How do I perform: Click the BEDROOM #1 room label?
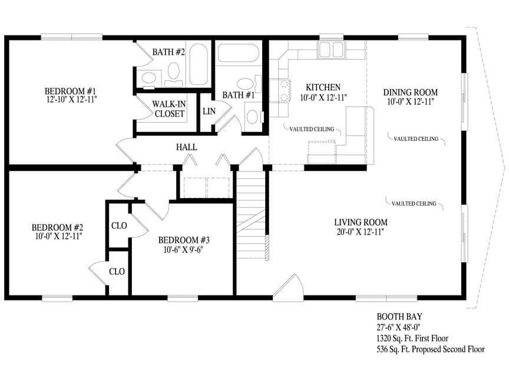[x=71, y=91]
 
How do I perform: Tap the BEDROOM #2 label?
[x=57, y=227]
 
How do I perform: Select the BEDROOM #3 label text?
[x=184, y=240]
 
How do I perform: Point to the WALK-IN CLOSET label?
[x=170, y=109]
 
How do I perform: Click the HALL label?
[x=186, y=147]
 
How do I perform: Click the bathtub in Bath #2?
[x=199, y=64]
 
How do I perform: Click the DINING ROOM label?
[x=411, y=93]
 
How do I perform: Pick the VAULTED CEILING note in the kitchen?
[x=312, y=129]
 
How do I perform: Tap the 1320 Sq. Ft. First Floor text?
[x=412, y=338]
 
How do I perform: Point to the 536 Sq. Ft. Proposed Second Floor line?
[x=431, y=349]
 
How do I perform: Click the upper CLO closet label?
[x=118, y=225]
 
